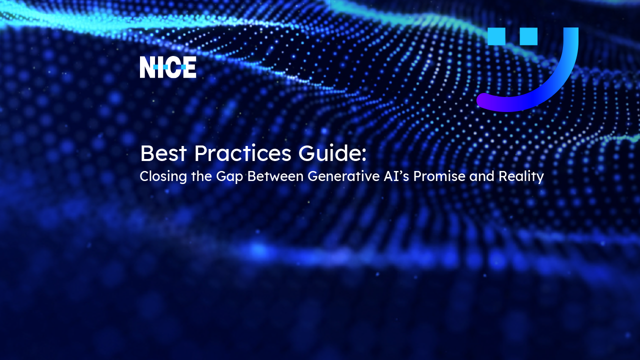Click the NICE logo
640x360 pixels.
pyautogui.click(x=168, y=67)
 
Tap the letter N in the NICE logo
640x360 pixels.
pyautogui.click(x=147, y=67)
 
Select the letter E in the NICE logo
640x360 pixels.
pyautogui.click(x=189, y=67)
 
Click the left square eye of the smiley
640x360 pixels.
pyautogui.click(x=496, y=36)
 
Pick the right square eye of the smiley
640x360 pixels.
pyautogui.click(x=528, y=36)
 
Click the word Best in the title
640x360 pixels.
pyautogui.click(x=163, y=153)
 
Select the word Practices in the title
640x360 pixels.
pyautogui.click(x=242, y=153)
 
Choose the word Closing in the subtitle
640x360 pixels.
pyautogui.click(x=163, y=176)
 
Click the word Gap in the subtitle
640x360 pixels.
pyautogui.click(x=229, y=177)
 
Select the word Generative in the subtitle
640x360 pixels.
pyautogui.click(x=343, y=176)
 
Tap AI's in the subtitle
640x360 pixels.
pyautogui.click(x=396, y=176)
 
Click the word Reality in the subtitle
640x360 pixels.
pyautogui.click(x=521, y=177)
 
